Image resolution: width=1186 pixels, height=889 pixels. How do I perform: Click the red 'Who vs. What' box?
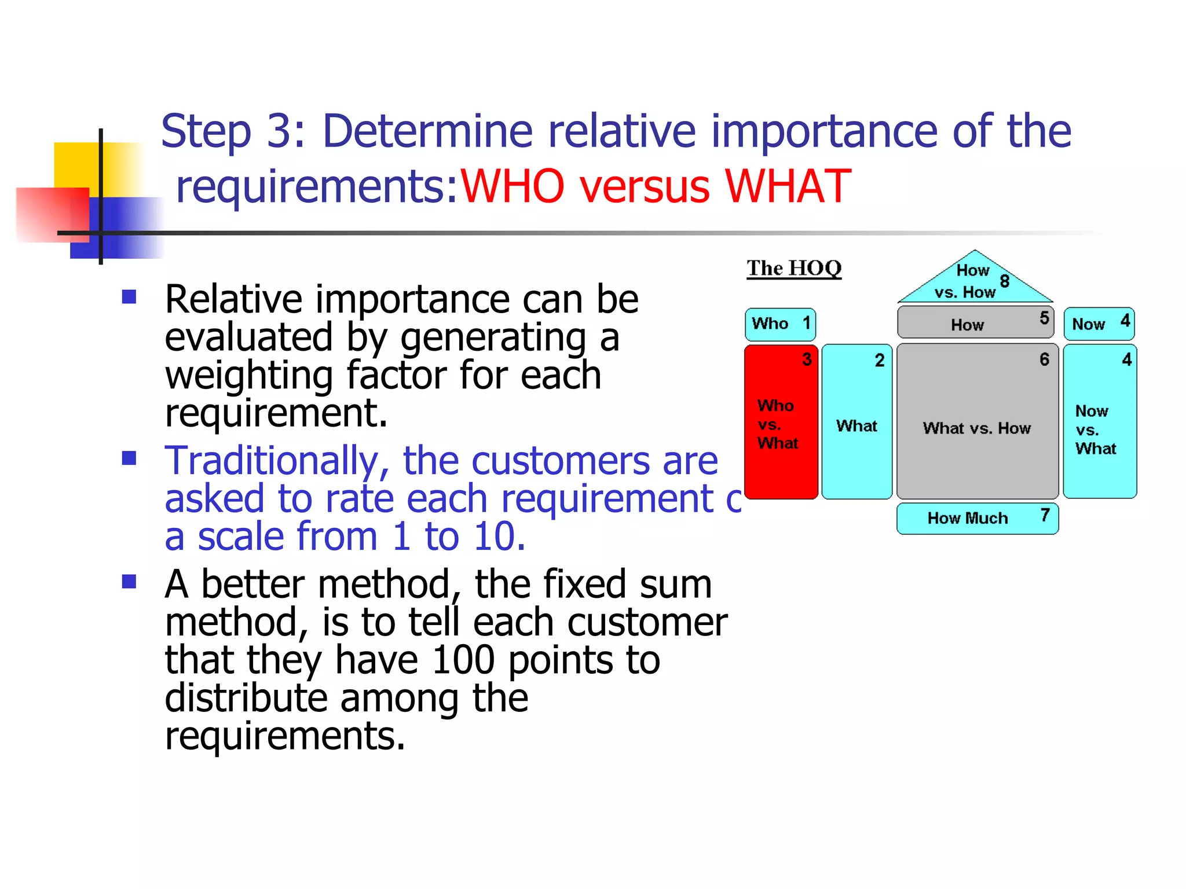(x=781, y=423)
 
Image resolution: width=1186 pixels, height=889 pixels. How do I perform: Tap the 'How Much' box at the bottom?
(x=977, y=518)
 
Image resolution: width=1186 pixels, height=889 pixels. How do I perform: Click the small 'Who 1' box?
(x=780, y=324)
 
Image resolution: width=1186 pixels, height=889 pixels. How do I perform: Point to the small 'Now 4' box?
(x=1099, y=324)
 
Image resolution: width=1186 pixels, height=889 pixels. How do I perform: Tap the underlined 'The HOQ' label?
(x=793, y=269)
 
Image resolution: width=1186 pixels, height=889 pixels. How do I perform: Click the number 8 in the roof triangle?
(x=1004, y=281)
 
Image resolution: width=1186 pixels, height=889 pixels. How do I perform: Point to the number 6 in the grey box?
(x=1044, y=360)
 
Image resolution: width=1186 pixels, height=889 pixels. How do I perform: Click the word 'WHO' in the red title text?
(x=512, y=186)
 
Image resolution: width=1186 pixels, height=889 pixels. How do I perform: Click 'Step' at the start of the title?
(x=206, y=132)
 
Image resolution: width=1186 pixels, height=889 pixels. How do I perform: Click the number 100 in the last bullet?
(x=463, y=660)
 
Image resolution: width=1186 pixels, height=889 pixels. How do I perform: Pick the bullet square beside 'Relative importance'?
(x=129, y=297)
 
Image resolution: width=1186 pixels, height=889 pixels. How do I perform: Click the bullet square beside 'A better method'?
(x=129, y=582)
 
